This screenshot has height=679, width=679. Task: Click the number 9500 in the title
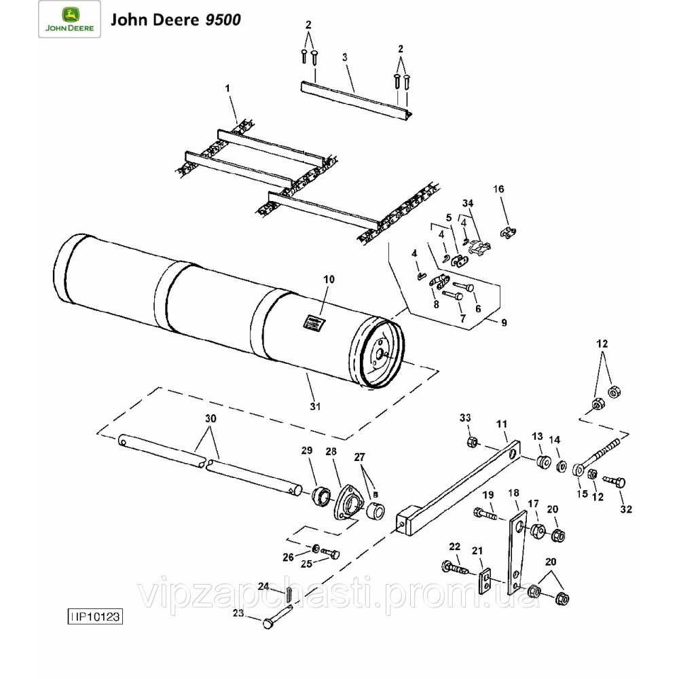[221, 20]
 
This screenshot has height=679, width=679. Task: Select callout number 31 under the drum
[315, 405]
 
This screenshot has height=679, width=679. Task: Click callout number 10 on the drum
[329, 279]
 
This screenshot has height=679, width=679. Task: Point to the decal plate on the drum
[313, 322]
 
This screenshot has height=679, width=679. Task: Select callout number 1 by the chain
[227, 88]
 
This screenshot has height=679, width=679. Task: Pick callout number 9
[504, 323]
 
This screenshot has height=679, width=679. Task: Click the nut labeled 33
[471, 443]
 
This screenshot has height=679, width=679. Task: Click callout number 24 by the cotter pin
[263, 585]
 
